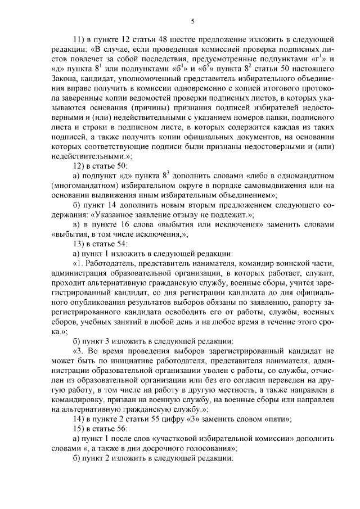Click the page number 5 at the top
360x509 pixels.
(192, 21)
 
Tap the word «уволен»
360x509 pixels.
(215, 372)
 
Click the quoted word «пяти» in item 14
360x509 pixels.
(278, 422)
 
